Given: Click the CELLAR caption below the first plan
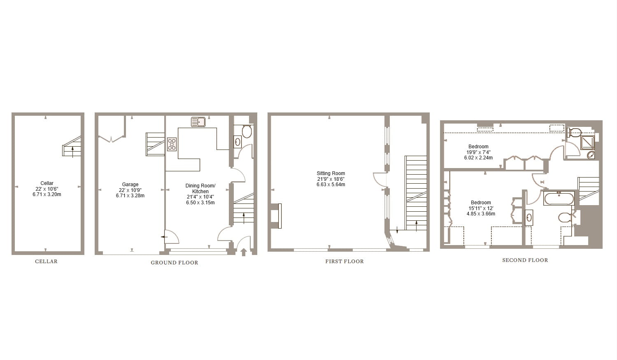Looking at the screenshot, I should tap(46, 262).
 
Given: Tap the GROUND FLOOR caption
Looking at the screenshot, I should tap(174, 262).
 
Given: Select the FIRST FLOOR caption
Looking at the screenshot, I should tap(345, 261).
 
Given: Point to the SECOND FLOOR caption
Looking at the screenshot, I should tap(525, 260).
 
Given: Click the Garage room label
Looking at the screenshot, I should tap(130, 185).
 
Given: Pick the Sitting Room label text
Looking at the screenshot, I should tap(331, 173).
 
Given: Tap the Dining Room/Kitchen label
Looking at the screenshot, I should tap(200, 189).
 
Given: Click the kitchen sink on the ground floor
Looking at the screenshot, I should tap(198, 122).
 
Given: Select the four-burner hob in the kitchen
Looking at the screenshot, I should tap(172, 144).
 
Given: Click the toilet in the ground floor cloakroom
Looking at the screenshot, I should tap(247, 131).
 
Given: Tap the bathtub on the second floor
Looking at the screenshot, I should tap(559, 199).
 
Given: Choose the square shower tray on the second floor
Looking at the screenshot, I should tap(587, 143).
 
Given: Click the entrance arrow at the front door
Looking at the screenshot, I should tap(243, 251).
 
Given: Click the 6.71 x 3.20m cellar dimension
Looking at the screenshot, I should tap(47, 194).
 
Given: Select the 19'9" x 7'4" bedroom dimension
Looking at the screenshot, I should tap(478, 152).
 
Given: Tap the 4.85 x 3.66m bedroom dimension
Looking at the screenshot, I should tap(481, 214).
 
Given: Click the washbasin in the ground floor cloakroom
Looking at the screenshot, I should tap(238, 142).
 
